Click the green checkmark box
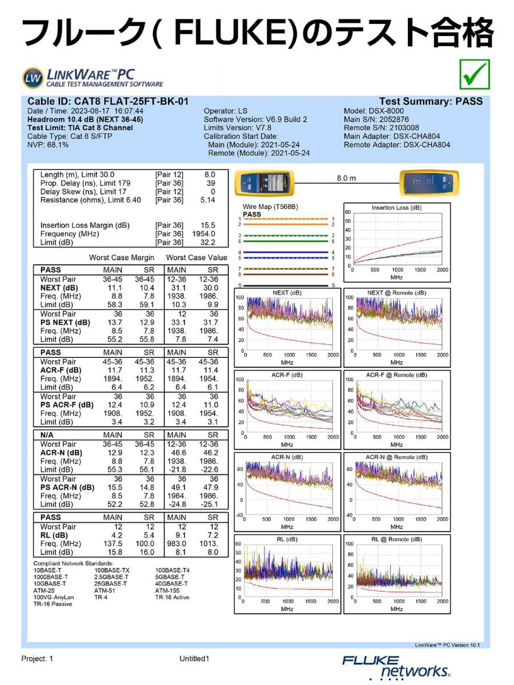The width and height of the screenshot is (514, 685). [x=474, y=75]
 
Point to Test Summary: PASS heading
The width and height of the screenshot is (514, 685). [x=431, y=102]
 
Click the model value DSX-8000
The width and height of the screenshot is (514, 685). [x=387, y=111]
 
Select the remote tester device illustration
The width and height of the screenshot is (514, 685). [x=428, y=182]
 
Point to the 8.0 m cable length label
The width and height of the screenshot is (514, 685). [x=346, y=178]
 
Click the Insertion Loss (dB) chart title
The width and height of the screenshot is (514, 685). [x=396, y=208]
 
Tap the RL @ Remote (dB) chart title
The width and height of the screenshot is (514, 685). [x=396, y=539]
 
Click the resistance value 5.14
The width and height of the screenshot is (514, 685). [x=207, y=200]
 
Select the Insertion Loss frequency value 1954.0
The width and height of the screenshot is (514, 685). [x=204, y=234]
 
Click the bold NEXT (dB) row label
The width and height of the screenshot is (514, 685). [x=59, y=288]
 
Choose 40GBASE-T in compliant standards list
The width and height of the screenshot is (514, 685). [x=171, y=584]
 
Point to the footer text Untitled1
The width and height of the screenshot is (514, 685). [x=194, y=659]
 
